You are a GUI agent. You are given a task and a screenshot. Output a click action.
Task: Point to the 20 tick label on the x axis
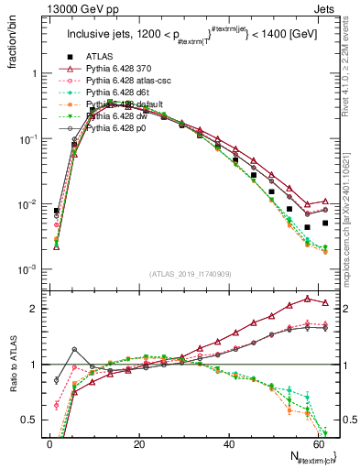tap(138, 443)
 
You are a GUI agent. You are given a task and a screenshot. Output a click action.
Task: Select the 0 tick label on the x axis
tap(49, 443)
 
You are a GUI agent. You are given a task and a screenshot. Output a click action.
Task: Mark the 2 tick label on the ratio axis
tap(34, 309)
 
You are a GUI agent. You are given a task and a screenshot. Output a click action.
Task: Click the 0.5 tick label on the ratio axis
tap(29, 420)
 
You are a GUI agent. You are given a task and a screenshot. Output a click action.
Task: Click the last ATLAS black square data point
tap(324, 223)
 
